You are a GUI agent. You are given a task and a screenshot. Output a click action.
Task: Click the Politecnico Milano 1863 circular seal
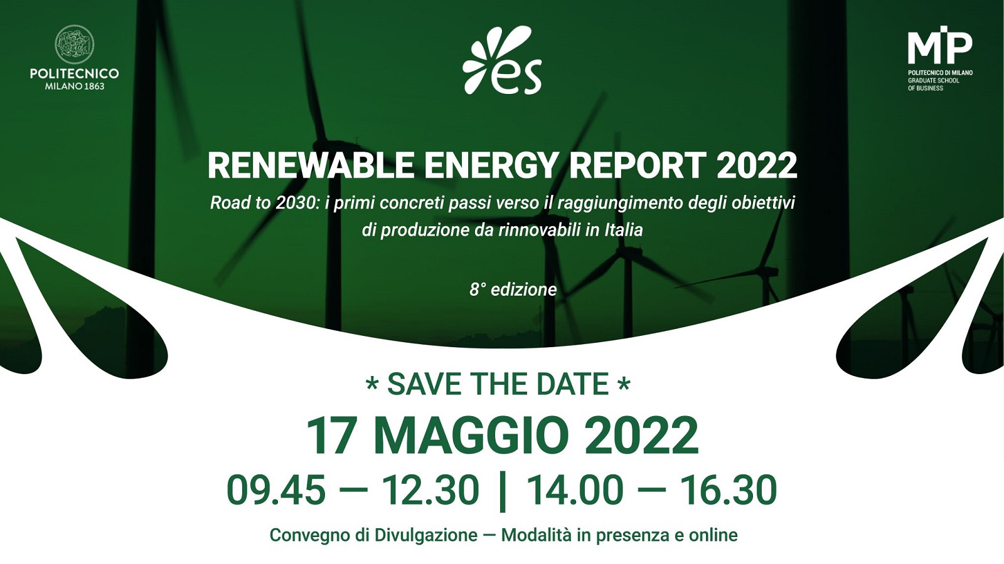pos(74,44)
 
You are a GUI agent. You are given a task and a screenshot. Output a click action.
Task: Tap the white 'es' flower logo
pos(502,61)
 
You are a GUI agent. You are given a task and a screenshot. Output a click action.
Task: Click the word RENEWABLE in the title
pos(311,165)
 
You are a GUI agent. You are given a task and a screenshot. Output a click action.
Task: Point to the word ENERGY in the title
pos(491,165)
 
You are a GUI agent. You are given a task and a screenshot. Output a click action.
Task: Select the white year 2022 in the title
pos(757,165)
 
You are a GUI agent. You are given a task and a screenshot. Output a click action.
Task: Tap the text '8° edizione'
pos(513,290)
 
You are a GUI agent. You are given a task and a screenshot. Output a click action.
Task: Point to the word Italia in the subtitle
pos(624,230)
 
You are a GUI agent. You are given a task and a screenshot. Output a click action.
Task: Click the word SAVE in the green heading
pos(426,384)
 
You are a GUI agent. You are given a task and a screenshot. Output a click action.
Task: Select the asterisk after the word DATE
pos(624,384)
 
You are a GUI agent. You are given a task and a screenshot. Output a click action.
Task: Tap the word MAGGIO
pos(471,436)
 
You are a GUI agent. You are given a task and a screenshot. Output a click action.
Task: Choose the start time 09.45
pos(276,490)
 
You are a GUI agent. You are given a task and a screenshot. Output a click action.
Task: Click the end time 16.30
pos(729,490)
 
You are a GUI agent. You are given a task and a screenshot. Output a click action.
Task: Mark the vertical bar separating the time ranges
pos(502,491)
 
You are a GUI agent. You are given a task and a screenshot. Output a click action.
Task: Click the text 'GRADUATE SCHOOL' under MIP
pos(933,80)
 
